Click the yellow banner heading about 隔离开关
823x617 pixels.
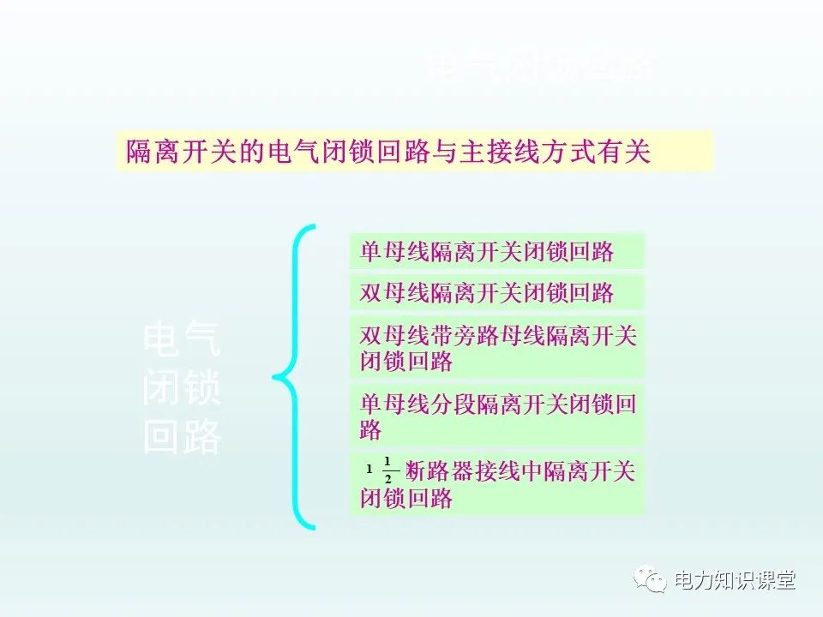pos(414,152)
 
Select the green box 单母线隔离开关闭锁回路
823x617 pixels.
pos(496,251)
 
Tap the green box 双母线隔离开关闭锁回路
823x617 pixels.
pos(496,292)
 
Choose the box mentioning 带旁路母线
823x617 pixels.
pos(496,347)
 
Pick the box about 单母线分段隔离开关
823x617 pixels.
pos(496,416)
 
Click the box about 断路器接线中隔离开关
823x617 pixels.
pos(496,484)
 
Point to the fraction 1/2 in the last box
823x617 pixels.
pos(387,471)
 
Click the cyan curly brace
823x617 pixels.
pos(297,377)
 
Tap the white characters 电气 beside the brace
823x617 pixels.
pos(182,341)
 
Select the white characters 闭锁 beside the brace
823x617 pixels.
pos(182,390)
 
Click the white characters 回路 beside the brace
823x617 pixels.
pos(182,439)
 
